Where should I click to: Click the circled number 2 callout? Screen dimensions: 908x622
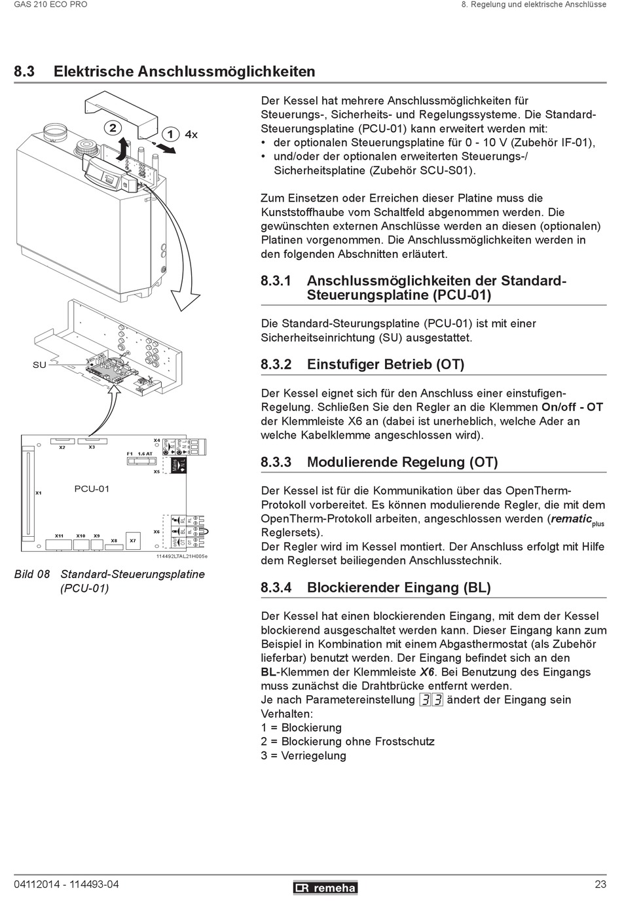pos(113,128)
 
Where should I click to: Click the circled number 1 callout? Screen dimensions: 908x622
pos(170,134)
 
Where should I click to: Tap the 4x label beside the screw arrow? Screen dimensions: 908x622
pos(191,134)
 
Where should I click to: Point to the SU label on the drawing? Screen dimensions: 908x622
pos(39,365)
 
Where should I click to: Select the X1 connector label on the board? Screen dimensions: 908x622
pos(39,493)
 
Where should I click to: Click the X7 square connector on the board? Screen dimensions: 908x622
pos(133,540)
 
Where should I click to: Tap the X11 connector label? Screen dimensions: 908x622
pos(59,536)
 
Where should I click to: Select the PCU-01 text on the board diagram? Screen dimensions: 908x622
pos(92,488)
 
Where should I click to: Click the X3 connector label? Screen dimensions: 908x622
pos(92,447)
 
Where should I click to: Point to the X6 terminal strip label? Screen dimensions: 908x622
pos(156,532)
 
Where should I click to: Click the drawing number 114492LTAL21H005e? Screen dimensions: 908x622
pos(182,556)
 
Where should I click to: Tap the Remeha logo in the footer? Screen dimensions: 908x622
pos(325,888)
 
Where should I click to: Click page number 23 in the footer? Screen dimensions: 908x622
pos(600,884)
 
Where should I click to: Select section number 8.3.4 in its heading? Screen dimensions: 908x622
pos(276,587)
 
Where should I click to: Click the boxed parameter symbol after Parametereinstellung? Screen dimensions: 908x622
pos(431,700)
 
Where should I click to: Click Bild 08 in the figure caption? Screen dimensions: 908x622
pos(32,574)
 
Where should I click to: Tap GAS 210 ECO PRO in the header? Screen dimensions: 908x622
pos(50,5)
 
